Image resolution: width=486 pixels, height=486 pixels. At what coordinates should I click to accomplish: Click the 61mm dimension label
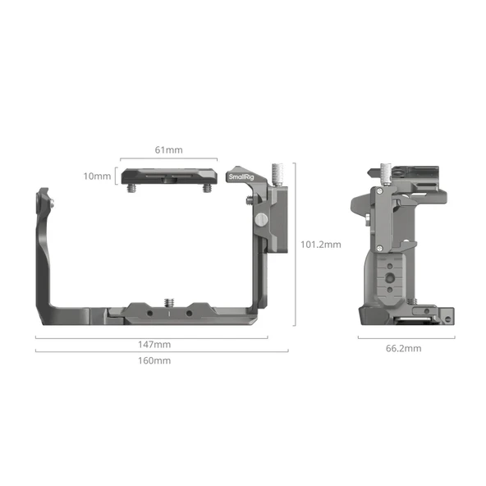[168, 150]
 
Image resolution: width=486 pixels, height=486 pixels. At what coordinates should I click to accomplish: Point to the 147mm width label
[154, 344]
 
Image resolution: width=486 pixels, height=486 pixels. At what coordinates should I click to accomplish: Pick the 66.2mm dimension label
[403, 348]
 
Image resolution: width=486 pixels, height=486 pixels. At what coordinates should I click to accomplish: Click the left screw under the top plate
[131, 188]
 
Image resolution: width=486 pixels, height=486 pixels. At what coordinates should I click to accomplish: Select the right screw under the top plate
[207, 188]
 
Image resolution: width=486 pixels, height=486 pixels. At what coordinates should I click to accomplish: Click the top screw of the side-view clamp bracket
[382, 192]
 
